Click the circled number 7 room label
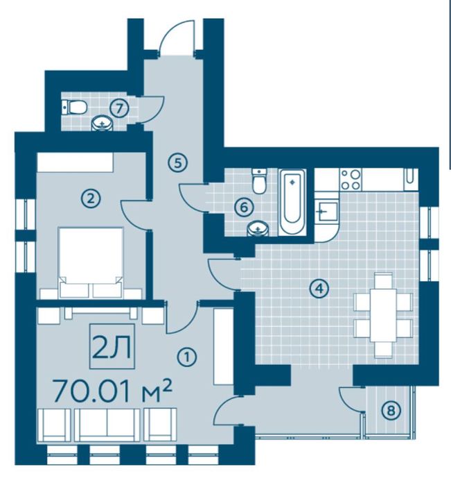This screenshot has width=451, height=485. tap(120, 108)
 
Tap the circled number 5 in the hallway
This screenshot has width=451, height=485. tap(178, 162)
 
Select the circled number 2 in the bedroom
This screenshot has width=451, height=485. tap(90, 198)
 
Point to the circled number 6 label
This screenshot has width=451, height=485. tap(244, 207)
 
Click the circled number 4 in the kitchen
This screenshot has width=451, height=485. tap(319, 289)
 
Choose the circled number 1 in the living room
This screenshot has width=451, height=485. tap(186, 357)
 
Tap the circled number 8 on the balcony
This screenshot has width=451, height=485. tap(391, 411)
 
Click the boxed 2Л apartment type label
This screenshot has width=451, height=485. tap(112, 346)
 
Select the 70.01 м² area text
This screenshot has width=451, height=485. tap(112, 391)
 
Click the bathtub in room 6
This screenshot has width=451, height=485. tap(292, 202)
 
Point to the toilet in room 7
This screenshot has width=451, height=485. tap(74, 108)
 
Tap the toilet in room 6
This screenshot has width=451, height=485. tap(259, 181)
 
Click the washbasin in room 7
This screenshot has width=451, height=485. tap(102, 123)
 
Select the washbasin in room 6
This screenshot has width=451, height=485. tap(258, 229)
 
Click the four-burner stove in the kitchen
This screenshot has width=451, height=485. tap(351, 180)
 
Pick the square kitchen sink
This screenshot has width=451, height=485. tap(326, 211)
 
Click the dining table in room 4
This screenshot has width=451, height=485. tap(383, 315)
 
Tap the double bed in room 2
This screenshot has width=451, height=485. tap(91, 263)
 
